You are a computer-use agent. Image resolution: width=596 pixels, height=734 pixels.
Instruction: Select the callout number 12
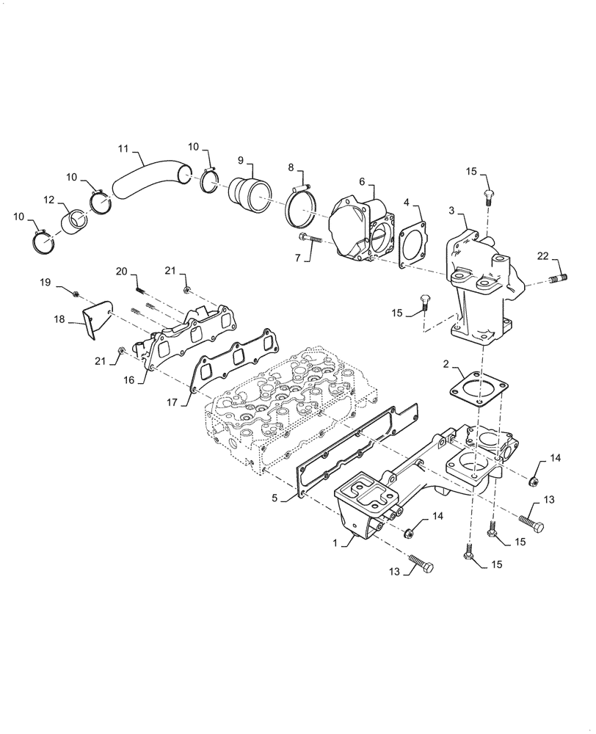48,200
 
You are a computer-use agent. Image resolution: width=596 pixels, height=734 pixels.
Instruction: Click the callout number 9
241,160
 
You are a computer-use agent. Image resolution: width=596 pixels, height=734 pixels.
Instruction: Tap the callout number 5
275,498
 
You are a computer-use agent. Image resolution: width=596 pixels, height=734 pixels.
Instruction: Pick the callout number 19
45,282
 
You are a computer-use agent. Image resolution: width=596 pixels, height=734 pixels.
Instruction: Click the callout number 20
121,272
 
